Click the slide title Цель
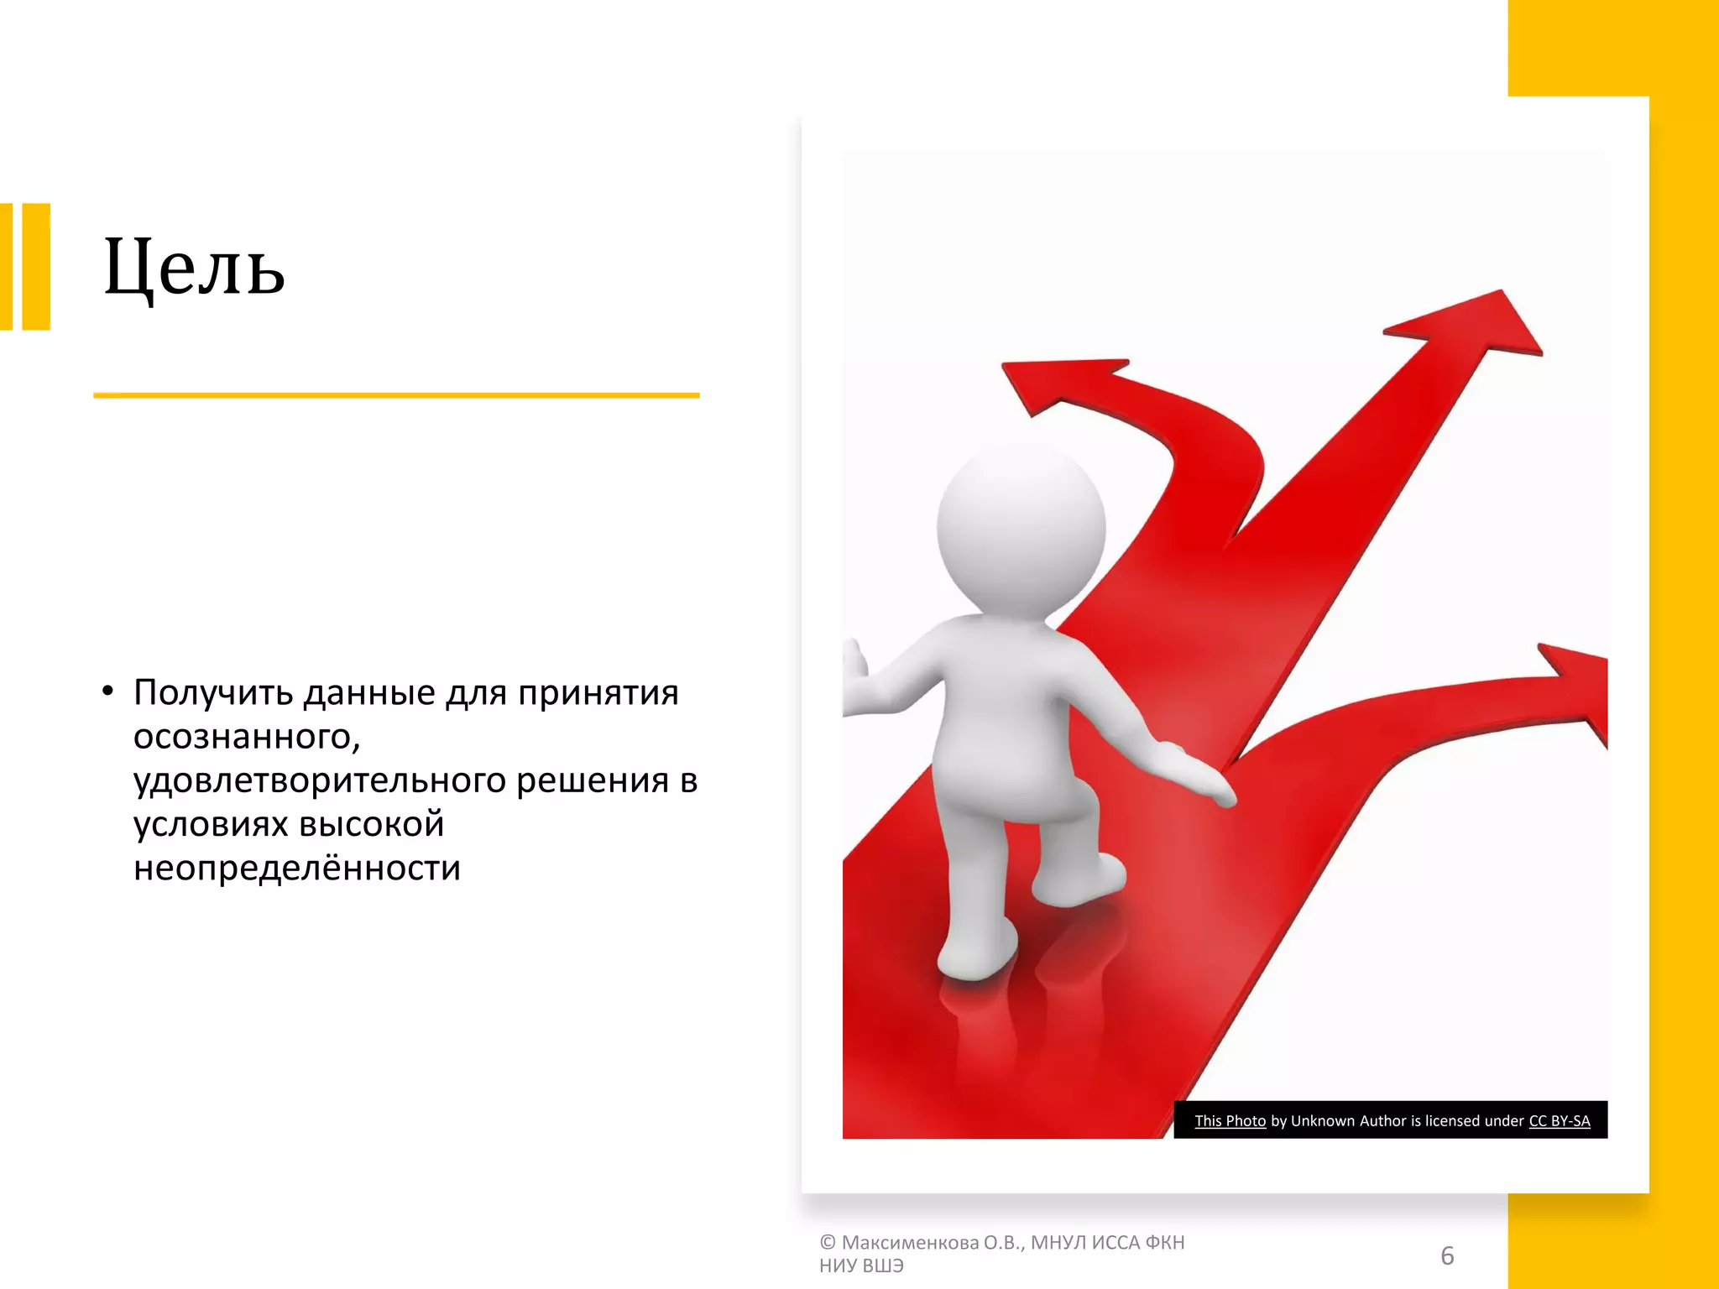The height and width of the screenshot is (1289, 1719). [x=194, y=267]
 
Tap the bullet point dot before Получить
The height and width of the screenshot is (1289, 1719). [x=107, y=692]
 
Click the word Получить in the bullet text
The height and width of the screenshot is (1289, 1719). [x=213, y=694]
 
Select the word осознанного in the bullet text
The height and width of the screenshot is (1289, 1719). [x=245, y=737]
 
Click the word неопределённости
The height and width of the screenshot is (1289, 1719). [x=297, y=868]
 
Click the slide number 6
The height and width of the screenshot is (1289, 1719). [x=1447, y=1255]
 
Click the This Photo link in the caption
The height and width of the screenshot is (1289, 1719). [x=1230, y=1121]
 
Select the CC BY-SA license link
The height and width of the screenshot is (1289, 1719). [x=1559, y=1121]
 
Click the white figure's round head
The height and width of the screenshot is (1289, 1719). [x=1021, y=529]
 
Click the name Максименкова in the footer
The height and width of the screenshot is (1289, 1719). [x=910, y=1243]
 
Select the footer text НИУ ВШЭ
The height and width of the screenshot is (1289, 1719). [x=861, y=1266]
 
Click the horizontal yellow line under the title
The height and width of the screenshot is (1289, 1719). [x=396, y=395]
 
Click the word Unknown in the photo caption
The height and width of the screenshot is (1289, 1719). [x=1322, y=1121]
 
